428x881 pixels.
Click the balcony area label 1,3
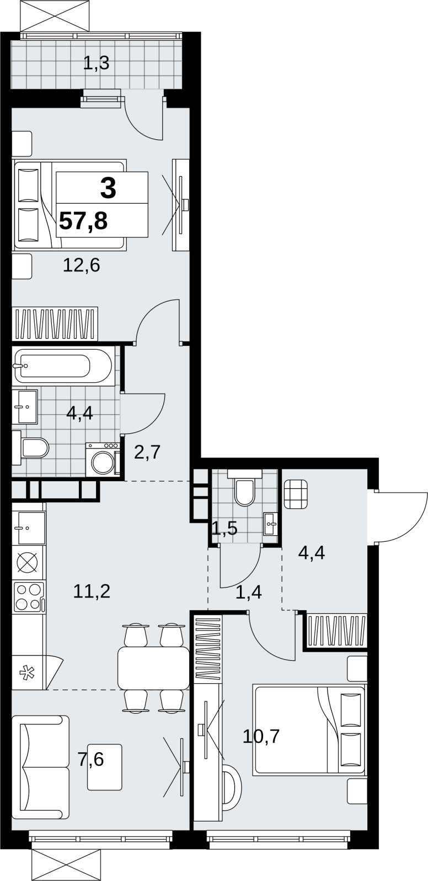[96, 63]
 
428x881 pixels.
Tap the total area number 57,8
[83, 221]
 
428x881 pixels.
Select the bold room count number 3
[109, 188]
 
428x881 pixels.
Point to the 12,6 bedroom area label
[82, 265]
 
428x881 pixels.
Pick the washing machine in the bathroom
[103, 459]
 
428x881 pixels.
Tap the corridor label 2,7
[147, 452]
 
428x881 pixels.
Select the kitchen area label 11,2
[92, 591]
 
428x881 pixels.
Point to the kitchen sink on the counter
[29, 528]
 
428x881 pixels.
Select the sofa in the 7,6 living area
[41, 768]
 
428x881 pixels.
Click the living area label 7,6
[91, 759]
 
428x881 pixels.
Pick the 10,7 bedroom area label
[261, 736]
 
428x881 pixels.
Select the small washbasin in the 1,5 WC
[271, 524]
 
